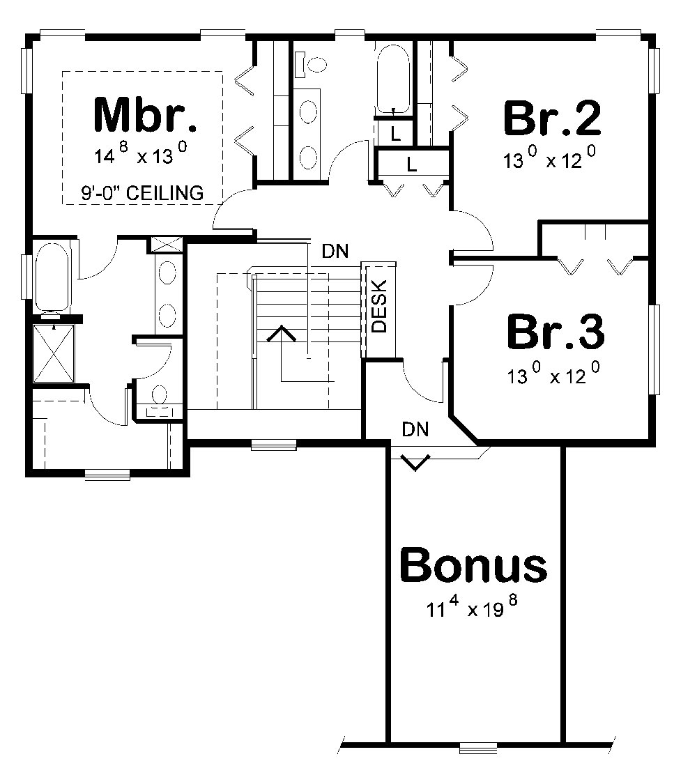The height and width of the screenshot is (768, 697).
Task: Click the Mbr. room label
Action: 145,116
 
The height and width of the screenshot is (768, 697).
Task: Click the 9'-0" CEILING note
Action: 142,192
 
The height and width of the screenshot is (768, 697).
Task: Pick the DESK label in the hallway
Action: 378,310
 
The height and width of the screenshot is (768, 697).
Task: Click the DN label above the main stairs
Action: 336,250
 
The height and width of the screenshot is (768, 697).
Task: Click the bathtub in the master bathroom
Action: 52,277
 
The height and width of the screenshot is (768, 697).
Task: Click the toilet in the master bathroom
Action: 159,398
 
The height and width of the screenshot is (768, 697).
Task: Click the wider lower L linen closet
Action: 411,165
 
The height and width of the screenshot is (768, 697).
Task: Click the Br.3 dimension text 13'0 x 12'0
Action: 554,376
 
